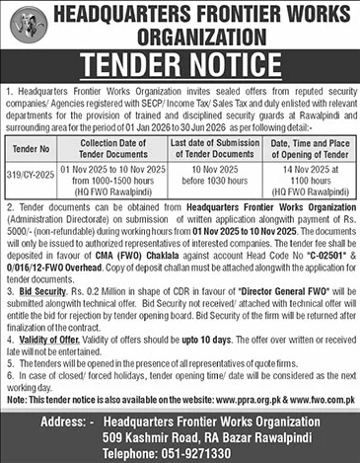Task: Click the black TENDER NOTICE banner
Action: click(x=180, y=65)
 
